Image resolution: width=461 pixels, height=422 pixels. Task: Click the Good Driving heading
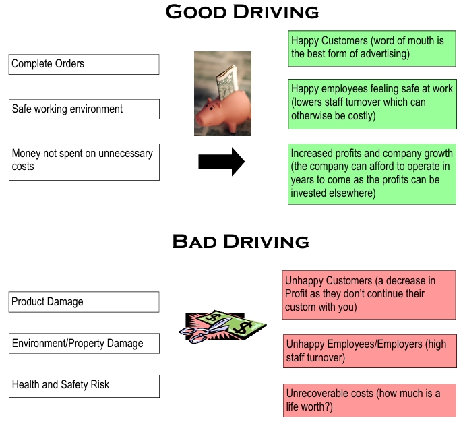pyautogui.click(x=242, y=11)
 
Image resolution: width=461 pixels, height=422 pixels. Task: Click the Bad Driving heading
pyautogui.click(x=241, y=241)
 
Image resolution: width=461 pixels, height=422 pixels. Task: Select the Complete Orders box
pyautogui.click(x=84, y=64)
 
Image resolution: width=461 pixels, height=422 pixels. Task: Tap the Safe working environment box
pyautogui.click(x=84, y=109)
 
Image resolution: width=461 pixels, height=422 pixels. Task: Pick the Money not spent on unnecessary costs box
pyautogui.click(x=84, y=161)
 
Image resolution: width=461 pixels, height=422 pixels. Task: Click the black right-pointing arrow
pyautogui.click(x=221, y=162)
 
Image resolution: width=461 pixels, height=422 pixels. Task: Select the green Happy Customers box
pyautogui.click(x=371, y=48)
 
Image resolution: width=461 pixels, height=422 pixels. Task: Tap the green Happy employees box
pyautogui.click(x=371, y=102)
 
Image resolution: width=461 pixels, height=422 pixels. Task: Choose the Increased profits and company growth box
pyautogui.click(x=371, y=173)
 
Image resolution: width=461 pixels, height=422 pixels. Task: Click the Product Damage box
pyautogui.click(x=84, y=302)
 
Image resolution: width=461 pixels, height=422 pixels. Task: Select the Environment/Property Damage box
pyautogui.click(x=84, y=344)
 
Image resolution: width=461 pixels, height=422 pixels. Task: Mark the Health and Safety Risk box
pyautogui.click(x=84, y=386)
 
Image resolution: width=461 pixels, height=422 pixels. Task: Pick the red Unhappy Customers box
pyautogui.click(x=369, y=295)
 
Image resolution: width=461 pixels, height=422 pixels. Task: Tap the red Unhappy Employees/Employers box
pyautogui.click(x=370, y=351)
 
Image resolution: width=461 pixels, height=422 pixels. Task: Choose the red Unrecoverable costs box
pyautogui.click(x=370, y=400)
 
